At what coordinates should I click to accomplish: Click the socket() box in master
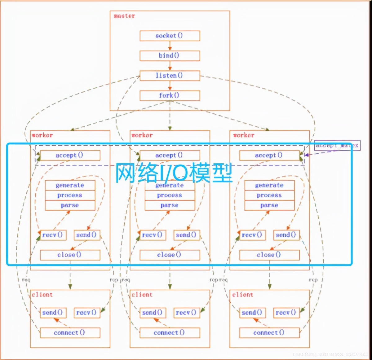point(170,36)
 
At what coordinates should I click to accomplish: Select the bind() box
point(170,56)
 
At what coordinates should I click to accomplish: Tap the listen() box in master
point(170,76)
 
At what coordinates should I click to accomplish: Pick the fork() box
point(170,95)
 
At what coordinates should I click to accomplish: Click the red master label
point(124,16)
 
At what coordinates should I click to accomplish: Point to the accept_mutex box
point(337,145)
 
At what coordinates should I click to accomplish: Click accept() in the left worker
point(70,155)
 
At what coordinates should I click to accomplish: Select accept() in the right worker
point(269,155)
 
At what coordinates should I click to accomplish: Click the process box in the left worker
point(70,195)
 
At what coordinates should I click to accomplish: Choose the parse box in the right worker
point(269,205)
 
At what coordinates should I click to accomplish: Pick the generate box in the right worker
point(269,185)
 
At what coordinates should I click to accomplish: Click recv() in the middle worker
point(152,235)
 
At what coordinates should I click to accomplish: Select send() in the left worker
point(87,235)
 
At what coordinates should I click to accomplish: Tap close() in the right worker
point(269,255)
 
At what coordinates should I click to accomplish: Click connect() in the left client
point(70,333)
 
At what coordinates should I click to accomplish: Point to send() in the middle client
point(152,313)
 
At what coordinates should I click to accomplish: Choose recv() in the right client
point(286,313)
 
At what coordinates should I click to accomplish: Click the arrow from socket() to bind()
point(170,46)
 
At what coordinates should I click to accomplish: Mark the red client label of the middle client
point(142,295)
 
